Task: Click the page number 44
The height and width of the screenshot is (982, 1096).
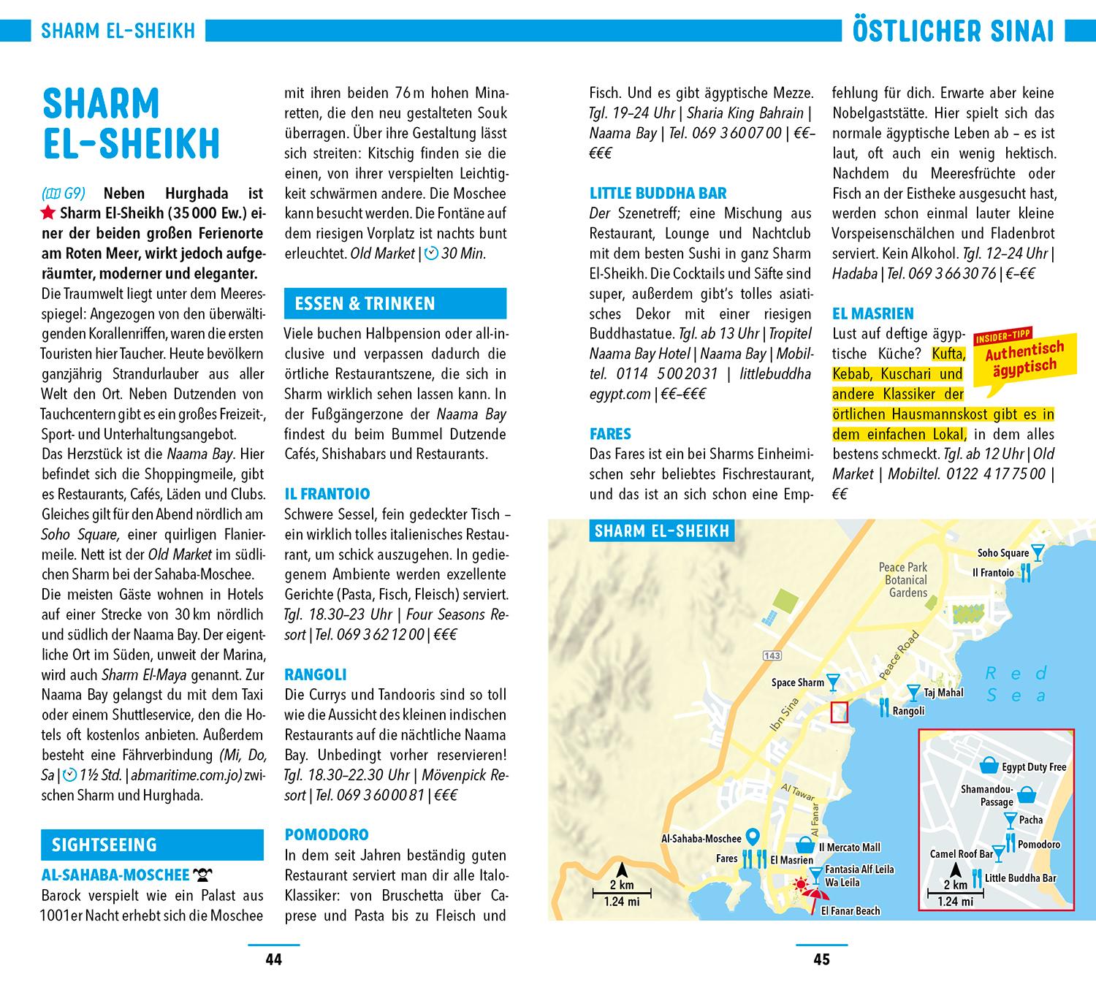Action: pyautogui.click(x=273, y=959)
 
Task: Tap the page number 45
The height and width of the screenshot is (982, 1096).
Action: pyautogui.click(x=821, y=959)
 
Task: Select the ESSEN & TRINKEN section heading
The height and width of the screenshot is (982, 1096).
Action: pyautogui.click(x=365, y=304)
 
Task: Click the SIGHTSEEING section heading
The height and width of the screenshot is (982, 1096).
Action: pyautogui.click(x=104, y=845)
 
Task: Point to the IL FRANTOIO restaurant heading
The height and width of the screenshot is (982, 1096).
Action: pyautogui.click(x=327, y=494)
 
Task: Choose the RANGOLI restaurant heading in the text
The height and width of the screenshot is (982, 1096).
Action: pyautogui.click(x=316, y=674)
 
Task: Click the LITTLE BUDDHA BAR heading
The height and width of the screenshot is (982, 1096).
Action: pyautogui.click(x=658, y=194)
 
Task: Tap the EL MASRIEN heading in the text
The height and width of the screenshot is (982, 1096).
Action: pyautogui.click(x=873, y=314)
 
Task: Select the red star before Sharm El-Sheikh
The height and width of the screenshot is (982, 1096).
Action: pyautogui.click(x=48, y=213)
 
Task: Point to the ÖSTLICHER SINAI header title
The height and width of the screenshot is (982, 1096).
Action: pyautogui.click(x=953, y=32)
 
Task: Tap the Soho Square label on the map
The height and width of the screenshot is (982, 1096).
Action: pyautogui.click(x=1002, y=553)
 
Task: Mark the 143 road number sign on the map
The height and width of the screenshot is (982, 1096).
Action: pyautogui.click(x=772, y=655)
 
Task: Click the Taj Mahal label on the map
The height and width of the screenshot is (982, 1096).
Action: pyautogui.click(x=943, y=693)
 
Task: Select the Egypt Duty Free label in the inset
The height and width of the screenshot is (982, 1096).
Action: pyautogui.click(x=1033, y=767)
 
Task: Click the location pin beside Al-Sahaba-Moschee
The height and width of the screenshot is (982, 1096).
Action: pyautogui.click(x=753, y=838)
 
